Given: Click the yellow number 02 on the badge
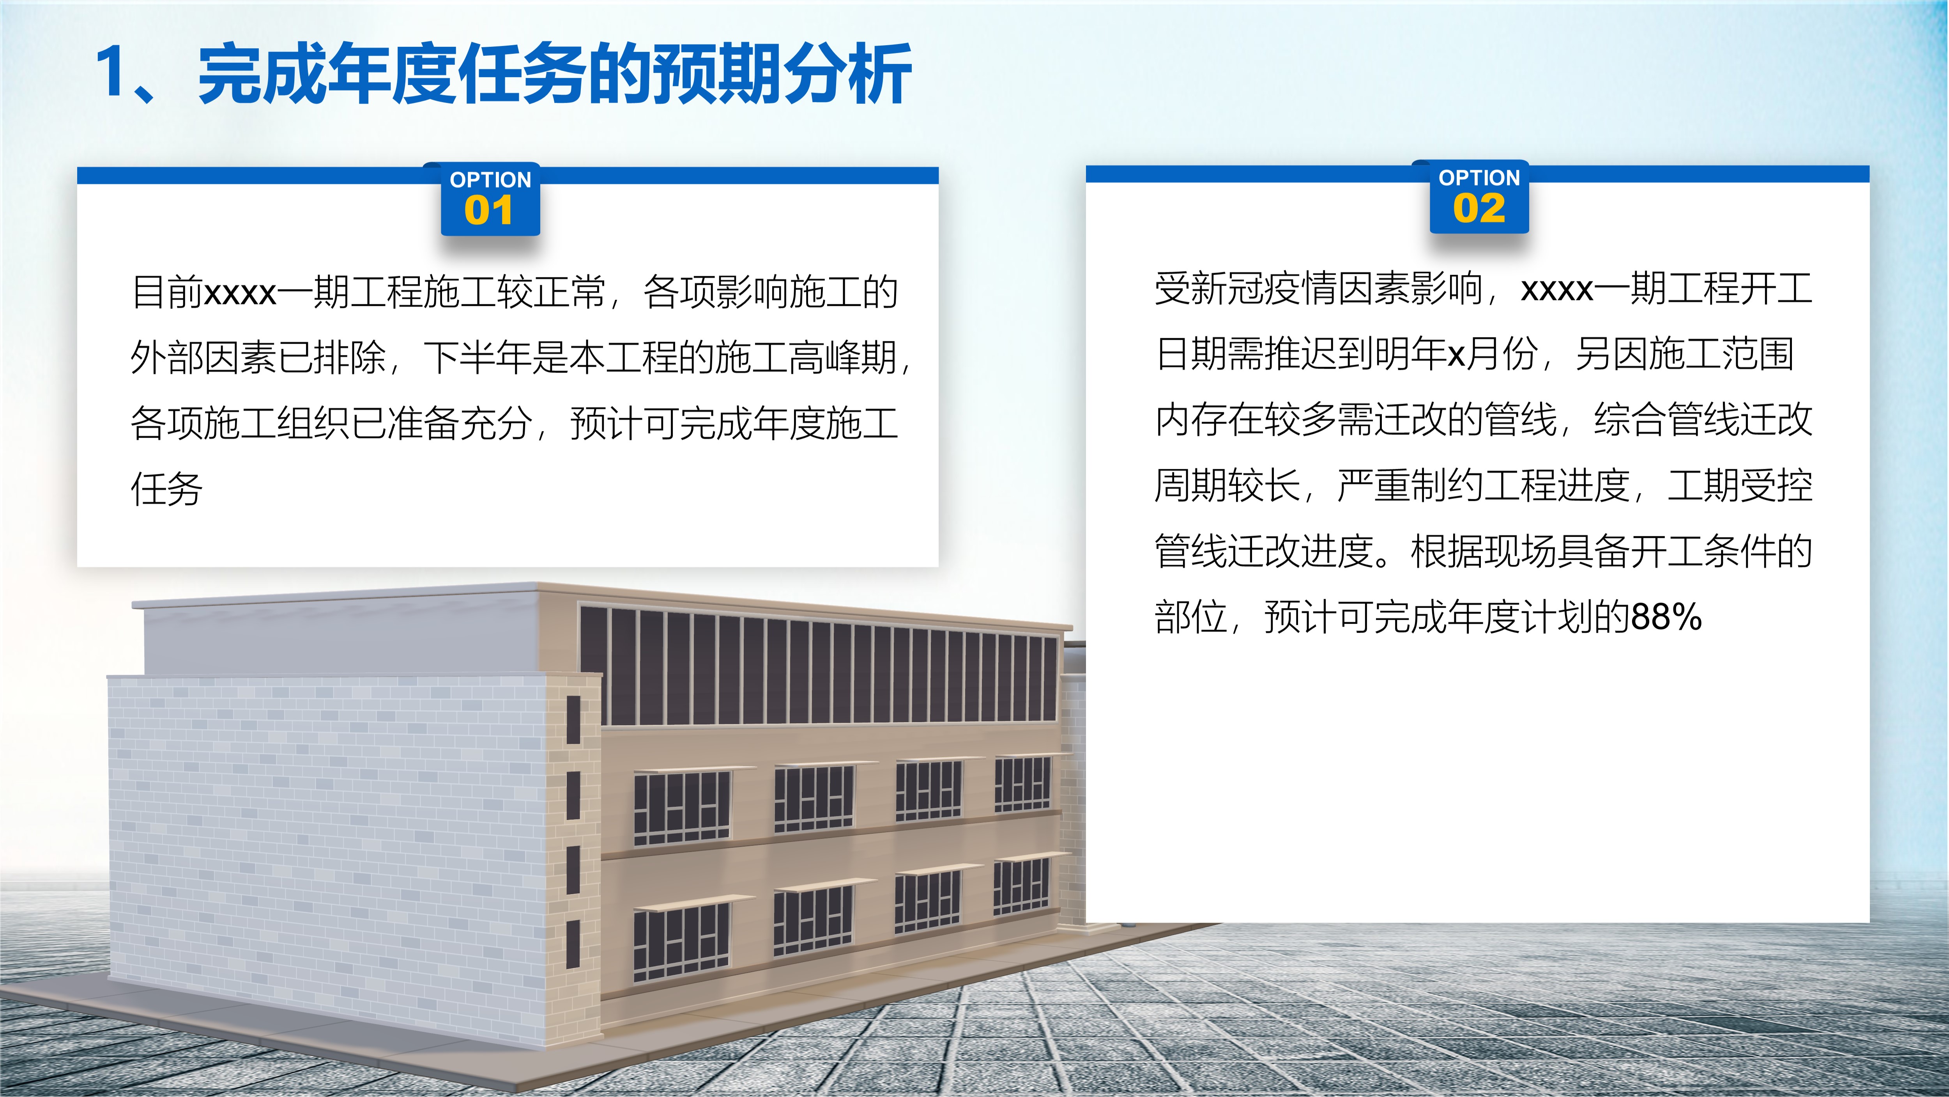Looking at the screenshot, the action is (1479, 208).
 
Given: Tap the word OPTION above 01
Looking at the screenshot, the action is (490, 180).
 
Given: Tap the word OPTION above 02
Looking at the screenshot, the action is (1479, 178).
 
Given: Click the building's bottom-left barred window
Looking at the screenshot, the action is (681, 943).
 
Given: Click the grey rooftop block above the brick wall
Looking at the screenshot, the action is (340, 636).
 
